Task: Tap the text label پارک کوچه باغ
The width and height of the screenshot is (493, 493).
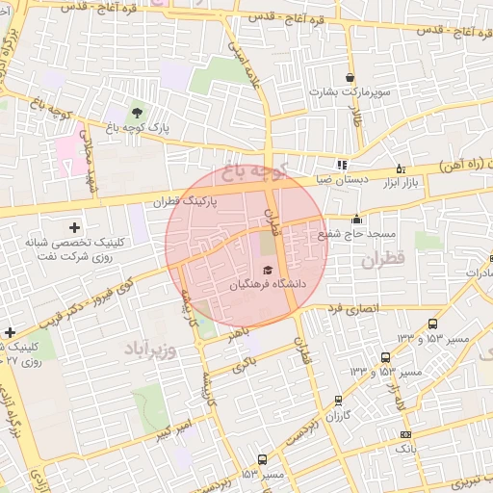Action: pos(137,127)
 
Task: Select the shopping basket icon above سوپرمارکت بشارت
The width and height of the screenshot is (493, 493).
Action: pos(349,77)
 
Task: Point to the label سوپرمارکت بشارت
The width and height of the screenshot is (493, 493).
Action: pos(348,92)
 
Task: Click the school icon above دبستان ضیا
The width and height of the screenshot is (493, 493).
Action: pos(341,165)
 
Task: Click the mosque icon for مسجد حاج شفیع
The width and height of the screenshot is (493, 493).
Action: pos(356,219)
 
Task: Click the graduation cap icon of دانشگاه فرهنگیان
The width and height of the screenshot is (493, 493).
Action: pos(267,270)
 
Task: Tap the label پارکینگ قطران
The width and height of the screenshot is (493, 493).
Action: pos(187,203)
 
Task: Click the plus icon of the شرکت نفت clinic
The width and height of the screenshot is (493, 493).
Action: pos(74,228)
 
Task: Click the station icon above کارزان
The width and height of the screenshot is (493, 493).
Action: pos(337,400)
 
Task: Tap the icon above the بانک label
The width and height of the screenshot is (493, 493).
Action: pos(405,434)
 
